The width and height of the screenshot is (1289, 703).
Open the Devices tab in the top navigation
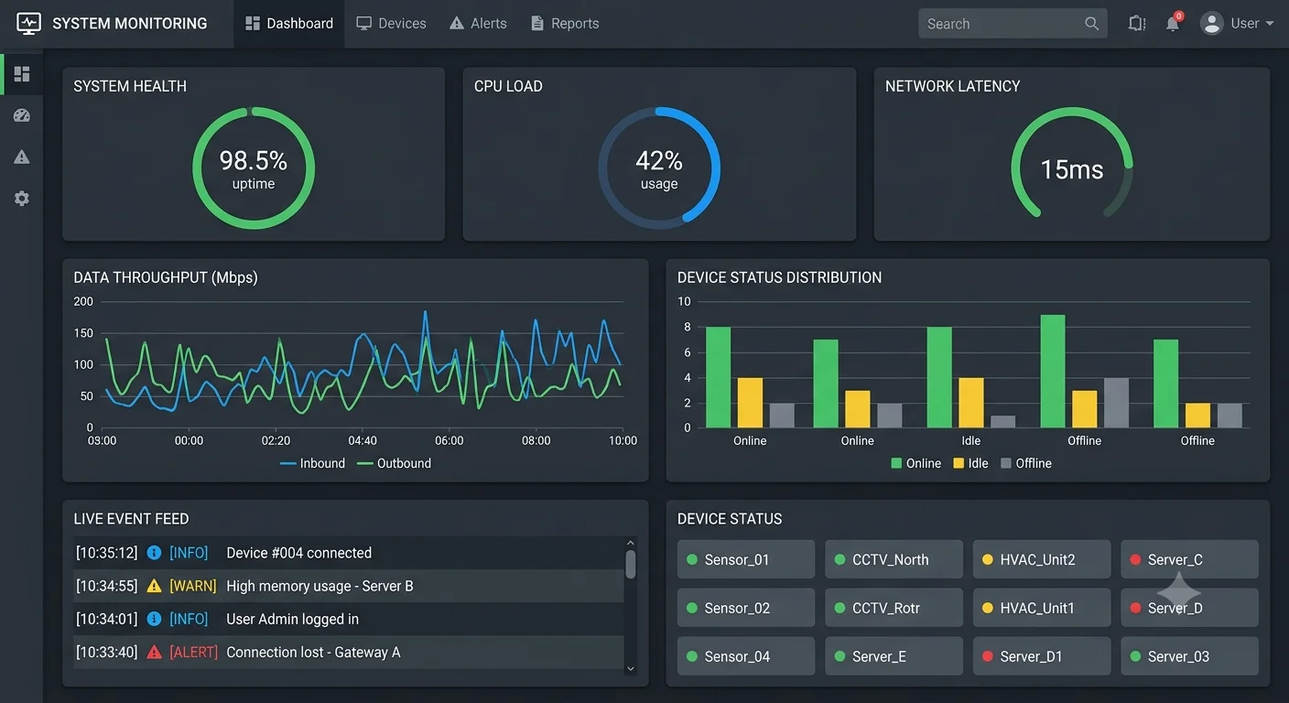pyautogui.click(x=391, y=24)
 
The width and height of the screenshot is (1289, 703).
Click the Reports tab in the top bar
pyautogui.click(x=565, y=24)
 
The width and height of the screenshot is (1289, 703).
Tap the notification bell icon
pyautogui.click(x=1172, y=24)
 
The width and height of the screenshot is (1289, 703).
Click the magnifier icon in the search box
pyautogui.click(x=1091, y=24)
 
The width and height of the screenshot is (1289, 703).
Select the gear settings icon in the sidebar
pyautogui.click(x=22, y=199)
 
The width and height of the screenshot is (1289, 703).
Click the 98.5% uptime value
pyautogui.click(x=254, y=160)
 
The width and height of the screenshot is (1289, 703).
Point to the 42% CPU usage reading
pyautogui.click(x=659, y=160)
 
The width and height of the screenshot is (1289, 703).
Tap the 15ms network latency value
pyautogui.click(x=1071, y=169)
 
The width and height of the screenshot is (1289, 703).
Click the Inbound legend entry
pyautogui.click(x=312, y=463)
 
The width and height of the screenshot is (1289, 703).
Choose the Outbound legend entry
pyautogui.click(x=394, y=463)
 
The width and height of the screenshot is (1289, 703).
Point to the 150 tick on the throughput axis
pyautogui.click(x=83, y=333)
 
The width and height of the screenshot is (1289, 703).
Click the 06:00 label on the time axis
pyautogui.click(x=449, y=440)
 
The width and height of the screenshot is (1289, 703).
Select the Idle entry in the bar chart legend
pyautogui.click(x=970, y=463)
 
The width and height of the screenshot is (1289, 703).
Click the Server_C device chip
pyautogui.click(x=1189, y=559)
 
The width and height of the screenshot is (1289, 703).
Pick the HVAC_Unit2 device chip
pyautogui.click(x=1042, y=559)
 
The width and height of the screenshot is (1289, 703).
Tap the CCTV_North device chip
pyautogui.click(x=894, y=559)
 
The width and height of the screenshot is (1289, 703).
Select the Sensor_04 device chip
pyautogui.click(x=746, y=655)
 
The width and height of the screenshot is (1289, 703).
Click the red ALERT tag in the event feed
pyautogui.click(x=193, y=653)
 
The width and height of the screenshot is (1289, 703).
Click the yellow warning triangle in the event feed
pyautogui.click(x=154, y=586)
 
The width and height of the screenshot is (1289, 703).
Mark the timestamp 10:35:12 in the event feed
pyautogui.click(x=107, y=553)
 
